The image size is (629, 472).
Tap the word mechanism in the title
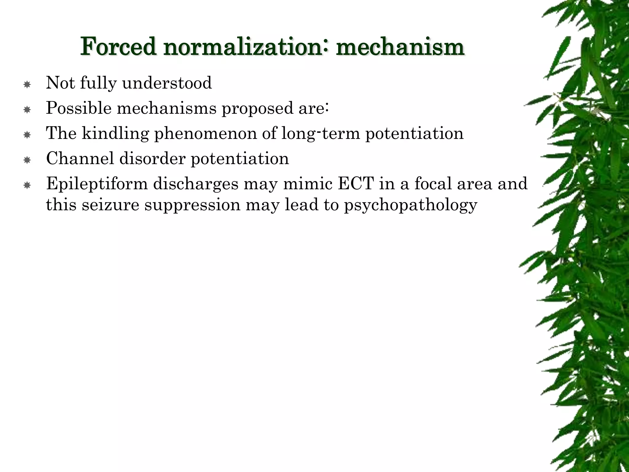pos(400,47)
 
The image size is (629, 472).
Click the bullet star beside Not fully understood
pos(27,85)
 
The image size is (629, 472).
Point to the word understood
pos(167,83)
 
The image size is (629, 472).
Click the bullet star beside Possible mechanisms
pos(27,110)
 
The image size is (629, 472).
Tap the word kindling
pos(115,134)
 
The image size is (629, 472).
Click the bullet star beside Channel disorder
pos(27,160)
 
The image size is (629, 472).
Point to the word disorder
pos(152,159)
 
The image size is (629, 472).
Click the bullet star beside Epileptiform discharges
pos(27,185)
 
